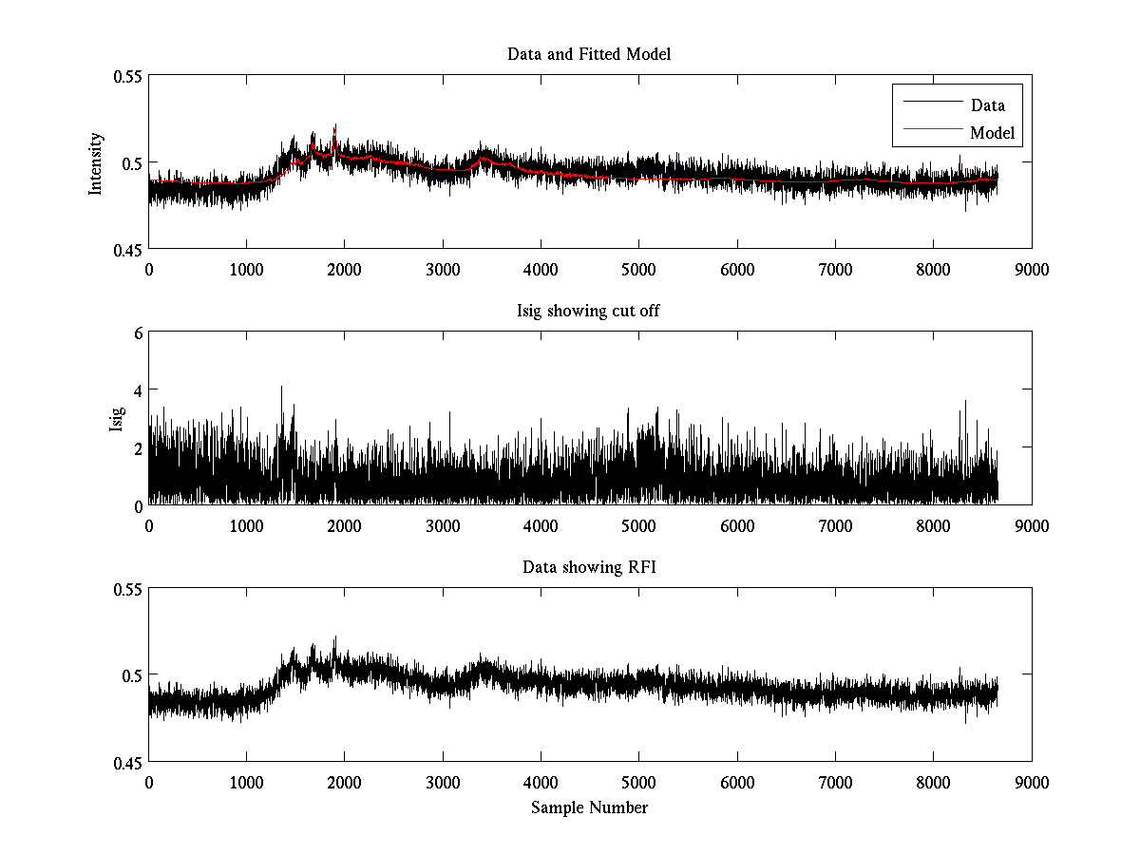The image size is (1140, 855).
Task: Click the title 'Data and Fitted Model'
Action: click(x=589, y=54)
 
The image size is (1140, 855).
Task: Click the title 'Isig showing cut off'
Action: click(x=589, y=311)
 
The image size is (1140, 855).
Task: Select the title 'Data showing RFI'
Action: click(x=589, y=567)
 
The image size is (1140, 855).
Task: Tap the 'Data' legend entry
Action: click(x=987, y=105)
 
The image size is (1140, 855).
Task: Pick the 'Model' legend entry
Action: click(x=992, y=133)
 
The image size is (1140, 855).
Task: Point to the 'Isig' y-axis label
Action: click(x=116, y=419)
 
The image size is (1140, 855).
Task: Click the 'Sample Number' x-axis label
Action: click(x=589, y=807)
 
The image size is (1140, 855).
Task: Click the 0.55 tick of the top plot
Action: click(x=122, y=76)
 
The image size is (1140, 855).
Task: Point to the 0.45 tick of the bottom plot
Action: click(x=122, y=762)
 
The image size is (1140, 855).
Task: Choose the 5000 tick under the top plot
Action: click(x=638, y=269)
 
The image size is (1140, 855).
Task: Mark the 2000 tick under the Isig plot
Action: click(x=344, y=525)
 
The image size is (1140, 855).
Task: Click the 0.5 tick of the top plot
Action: click(x=126, y=162)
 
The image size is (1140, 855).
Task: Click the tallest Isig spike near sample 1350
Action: click(x=281, y=388)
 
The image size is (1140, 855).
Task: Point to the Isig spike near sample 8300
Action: click(x=965, y=402)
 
